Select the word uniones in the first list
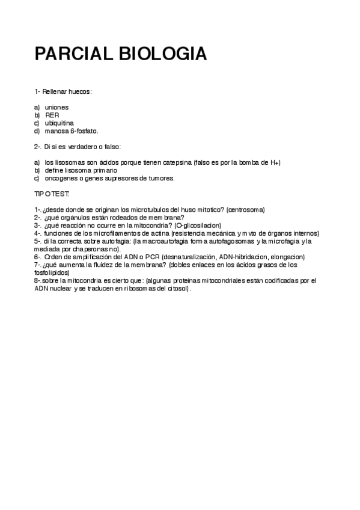(56, 106)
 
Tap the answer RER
(52, 114)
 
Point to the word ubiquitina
(59, 123)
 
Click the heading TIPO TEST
(52, 194)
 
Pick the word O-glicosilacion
(198, 225)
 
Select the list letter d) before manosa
(37, 131)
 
